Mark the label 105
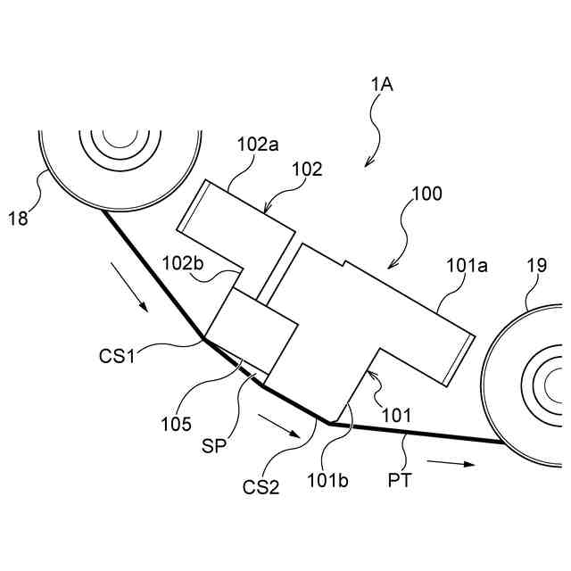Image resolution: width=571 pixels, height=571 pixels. coord(178,423)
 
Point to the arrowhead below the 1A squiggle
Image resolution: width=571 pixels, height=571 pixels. coord(365,164)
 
